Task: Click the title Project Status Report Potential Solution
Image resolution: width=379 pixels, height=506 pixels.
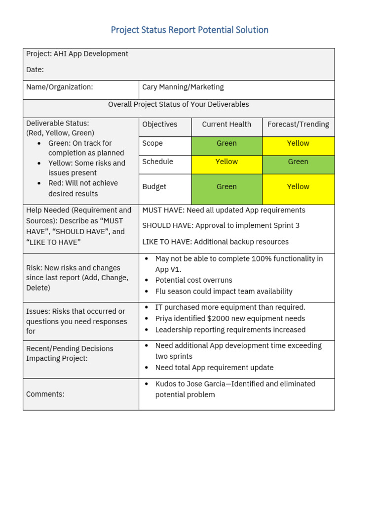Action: pyautogui.click(x=189, y=30)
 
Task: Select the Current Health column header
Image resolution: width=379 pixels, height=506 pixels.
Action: pyautogui.click(x=227, y=125)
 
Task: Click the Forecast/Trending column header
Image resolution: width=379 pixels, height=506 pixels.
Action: pyautogui.click(x=298, y=125)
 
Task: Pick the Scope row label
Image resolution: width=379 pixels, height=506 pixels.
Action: pyautogui.click(x=152, y=143)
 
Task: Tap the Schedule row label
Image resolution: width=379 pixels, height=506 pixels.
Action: pyautogui.click(x=157, y=162)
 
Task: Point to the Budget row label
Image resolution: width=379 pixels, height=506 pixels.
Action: pyautogui.click(x=154, y=187)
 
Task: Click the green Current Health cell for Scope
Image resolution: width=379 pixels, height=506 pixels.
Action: pyautogui.click(x=227, y=143)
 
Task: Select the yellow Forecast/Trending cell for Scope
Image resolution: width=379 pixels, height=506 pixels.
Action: pyautogui.click(x=298, y=143)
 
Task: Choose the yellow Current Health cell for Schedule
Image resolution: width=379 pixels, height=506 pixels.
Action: pyautogui.click(x=227, y=162)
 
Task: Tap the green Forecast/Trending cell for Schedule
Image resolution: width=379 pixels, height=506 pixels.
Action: pyautogui.click(x=298, y=162)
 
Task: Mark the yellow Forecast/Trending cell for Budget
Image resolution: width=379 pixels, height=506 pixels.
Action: pyautogui.click(x=298, y=187)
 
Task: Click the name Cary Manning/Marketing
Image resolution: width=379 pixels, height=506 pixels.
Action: pyautogui.click(x=183, y=87)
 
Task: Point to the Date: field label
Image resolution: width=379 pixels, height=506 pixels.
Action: pyautogui.click(x=35, y=70)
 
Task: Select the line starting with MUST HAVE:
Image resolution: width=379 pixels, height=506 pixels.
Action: pyautogui.click(x=224, y=211)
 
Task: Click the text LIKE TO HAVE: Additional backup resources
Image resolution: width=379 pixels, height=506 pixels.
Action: pyautogui.click(x=215, y=242)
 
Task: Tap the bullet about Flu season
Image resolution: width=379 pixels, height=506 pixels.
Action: pyautogui.click(x=224, y=292)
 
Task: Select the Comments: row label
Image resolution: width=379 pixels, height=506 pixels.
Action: pyautogui.click(x=45, y=394)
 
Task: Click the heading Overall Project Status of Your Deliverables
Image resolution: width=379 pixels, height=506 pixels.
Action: pyautogui.click(x=179, y=105)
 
